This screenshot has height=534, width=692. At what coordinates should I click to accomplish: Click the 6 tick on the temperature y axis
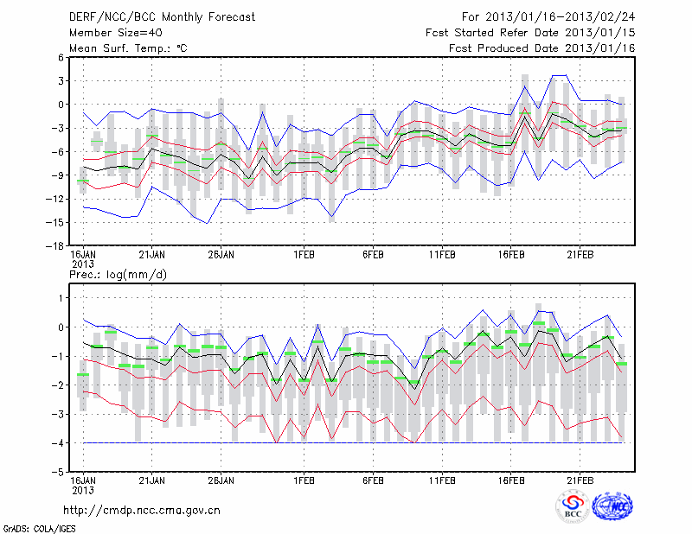pos(61,57)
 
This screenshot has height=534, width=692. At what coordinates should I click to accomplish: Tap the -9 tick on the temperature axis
pos(59,175)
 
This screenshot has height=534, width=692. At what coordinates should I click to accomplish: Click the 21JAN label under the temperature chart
pos(152,255)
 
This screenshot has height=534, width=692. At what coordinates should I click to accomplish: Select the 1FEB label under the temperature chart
pos(304,255)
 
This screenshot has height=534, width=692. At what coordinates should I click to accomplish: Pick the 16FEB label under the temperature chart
pos(511,255)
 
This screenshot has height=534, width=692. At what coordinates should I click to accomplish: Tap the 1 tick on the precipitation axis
pos(61,297)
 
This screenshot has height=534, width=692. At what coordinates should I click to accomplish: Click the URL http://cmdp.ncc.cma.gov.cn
pos(143,510)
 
